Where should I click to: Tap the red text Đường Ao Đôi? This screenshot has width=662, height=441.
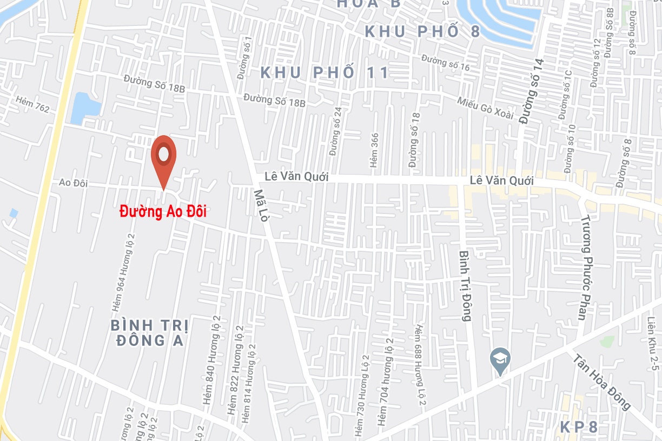163,211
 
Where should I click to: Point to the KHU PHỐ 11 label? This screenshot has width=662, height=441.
325,72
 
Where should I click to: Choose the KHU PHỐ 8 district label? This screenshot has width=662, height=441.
422,31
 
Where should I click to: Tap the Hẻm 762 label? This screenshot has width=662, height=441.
32,105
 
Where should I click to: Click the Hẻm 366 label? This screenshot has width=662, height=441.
374,150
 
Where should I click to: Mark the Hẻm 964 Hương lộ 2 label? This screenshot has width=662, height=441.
123,272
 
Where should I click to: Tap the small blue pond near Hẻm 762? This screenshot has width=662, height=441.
85,105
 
